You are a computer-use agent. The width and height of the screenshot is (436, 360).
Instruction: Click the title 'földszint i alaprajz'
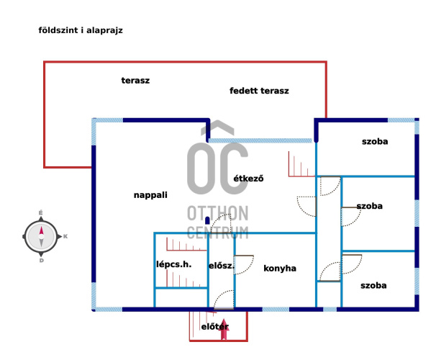click(x=80, y=31)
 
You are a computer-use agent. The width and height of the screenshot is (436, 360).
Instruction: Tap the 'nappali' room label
click(x=150, y=195)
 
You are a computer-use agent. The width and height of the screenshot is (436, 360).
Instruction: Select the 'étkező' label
click(x=248, y=178)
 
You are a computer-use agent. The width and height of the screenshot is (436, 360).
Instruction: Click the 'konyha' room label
click(x=280, y=269)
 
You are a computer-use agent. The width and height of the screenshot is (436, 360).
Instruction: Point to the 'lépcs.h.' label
click(x=173, y=264)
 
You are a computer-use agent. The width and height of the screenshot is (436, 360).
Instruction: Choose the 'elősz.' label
click(x=221, y=266)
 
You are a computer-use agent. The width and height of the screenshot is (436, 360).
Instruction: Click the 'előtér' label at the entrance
click(x=214, y=327)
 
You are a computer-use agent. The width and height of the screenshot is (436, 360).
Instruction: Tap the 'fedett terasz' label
click(x=259, y=91)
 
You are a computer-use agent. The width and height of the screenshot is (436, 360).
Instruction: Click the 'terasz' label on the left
click(x=135, y=81)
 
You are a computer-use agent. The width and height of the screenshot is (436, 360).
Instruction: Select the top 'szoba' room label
click(x=374, y=142)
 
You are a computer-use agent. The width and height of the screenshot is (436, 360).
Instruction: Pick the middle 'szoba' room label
click(x=369, y=206)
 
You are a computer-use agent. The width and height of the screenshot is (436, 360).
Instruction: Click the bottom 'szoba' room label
click(x=373, y=286)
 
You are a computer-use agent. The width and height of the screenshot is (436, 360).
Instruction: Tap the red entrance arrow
click(x=224, y=328)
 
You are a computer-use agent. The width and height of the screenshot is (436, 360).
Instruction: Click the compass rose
click(x=41, y=235)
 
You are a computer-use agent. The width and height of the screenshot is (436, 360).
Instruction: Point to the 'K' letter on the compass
click(x=65, y=236)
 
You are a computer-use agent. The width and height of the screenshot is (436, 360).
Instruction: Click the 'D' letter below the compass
click(x=41, y=261)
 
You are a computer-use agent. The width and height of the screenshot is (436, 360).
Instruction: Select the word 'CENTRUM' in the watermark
click(x=217, y=233)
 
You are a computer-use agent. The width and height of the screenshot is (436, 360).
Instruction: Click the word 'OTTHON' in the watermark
click(x=217, y=214)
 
